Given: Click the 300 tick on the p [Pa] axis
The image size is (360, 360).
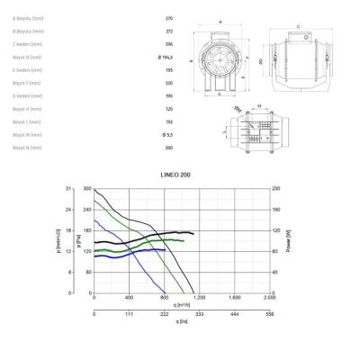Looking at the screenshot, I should click(88, 189).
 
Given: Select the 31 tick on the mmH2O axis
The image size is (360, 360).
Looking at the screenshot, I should click(68, 189).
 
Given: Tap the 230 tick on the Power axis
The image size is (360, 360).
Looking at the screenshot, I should click(277, 189).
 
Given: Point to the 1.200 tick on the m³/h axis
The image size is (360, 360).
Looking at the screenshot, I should click(199, 298).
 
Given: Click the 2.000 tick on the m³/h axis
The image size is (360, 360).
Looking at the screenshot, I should click(269, 298).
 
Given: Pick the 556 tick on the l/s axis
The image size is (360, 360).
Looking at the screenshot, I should click(269, 314).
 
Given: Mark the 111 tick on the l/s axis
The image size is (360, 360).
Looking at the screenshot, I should click(129, 314).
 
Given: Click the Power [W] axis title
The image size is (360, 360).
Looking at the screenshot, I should click(287, 240).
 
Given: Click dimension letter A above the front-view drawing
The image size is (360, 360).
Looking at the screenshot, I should click(220, 21).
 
